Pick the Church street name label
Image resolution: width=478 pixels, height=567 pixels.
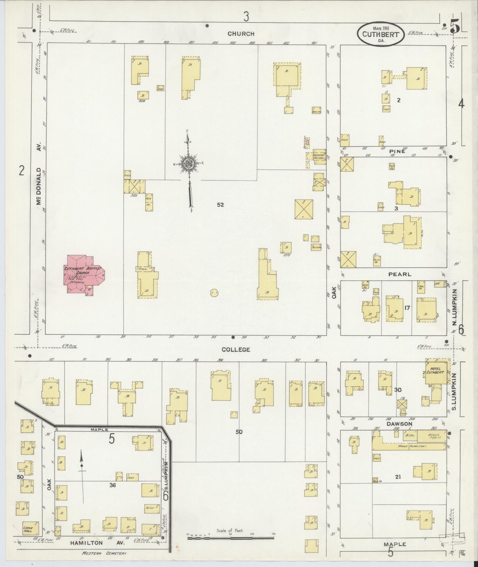coord(241,34)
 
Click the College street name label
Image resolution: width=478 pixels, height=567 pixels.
coord(240,350)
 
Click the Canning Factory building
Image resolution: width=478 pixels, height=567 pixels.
coord(319,156)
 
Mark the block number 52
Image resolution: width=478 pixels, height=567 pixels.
coord(220,205)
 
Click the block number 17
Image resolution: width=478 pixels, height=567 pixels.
coord(407,308)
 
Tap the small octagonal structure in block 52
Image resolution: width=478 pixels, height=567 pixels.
coord(214,293)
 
